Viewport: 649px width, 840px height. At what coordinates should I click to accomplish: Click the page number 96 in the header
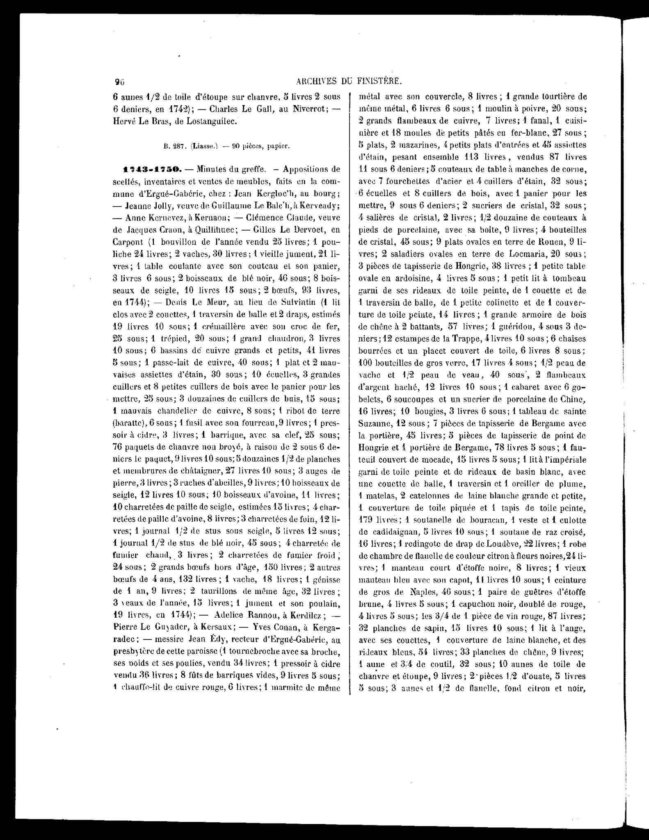coord(119,82)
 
